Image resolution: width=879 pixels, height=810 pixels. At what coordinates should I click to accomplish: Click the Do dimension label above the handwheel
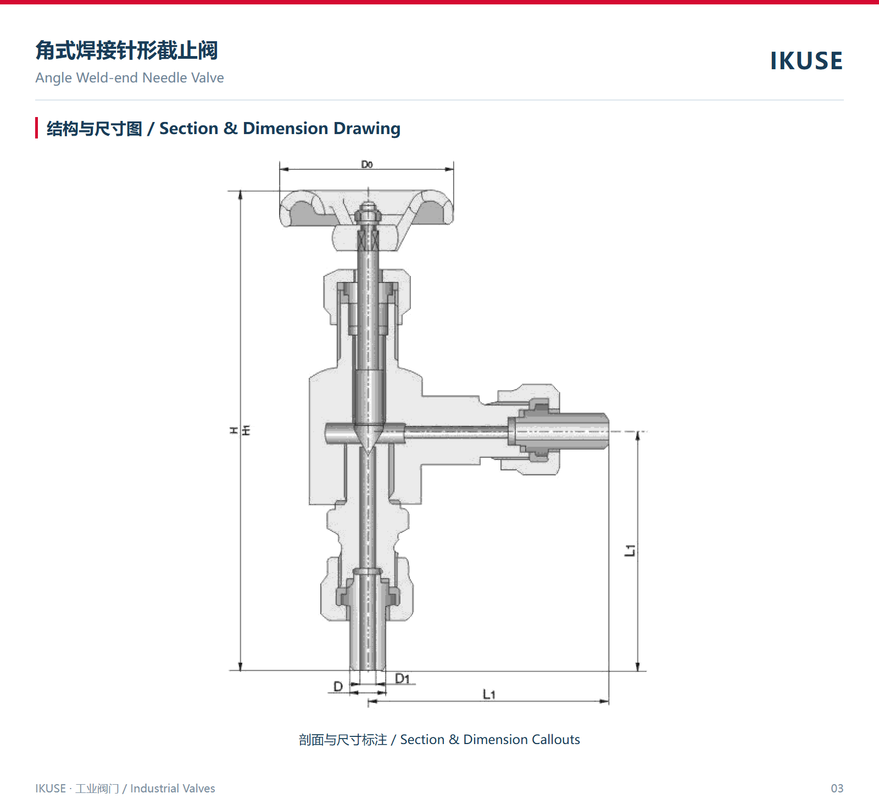367,164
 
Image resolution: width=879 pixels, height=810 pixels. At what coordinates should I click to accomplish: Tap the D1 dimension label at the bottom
403,679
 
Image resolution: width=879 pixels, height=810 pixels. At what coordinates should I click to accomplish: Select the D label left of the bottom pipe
338,686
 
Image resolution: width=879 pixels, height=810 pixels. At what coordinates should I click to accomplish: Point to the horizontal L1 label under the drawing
489,695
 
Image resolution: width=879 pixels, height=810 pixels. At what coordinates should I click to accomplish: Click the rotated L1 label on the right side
630,550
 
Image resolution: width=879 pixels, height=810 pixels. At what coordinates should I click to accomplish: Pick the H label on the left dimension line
234,430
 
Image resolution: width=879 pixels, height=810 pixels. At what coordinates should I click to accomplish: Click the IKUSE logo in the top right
806,60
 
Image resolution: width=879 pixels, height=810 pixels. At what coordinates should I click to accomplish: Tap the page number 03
837,789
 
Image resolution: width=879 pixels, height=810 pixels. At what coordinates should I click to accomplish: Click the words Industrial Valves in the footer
173,789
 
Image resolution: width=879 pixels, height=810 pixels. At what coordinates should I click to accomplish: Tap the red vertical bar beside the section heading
37,128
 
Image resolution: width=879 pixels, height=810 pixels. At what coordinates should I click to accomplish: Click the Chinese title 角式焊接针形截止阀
127,50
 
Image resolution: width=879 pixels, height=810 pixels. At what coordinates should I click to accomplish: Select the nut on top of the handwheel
368,212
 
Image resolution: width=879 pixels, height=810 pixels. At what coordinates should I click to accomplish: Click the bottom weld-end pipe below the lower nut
368,646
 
